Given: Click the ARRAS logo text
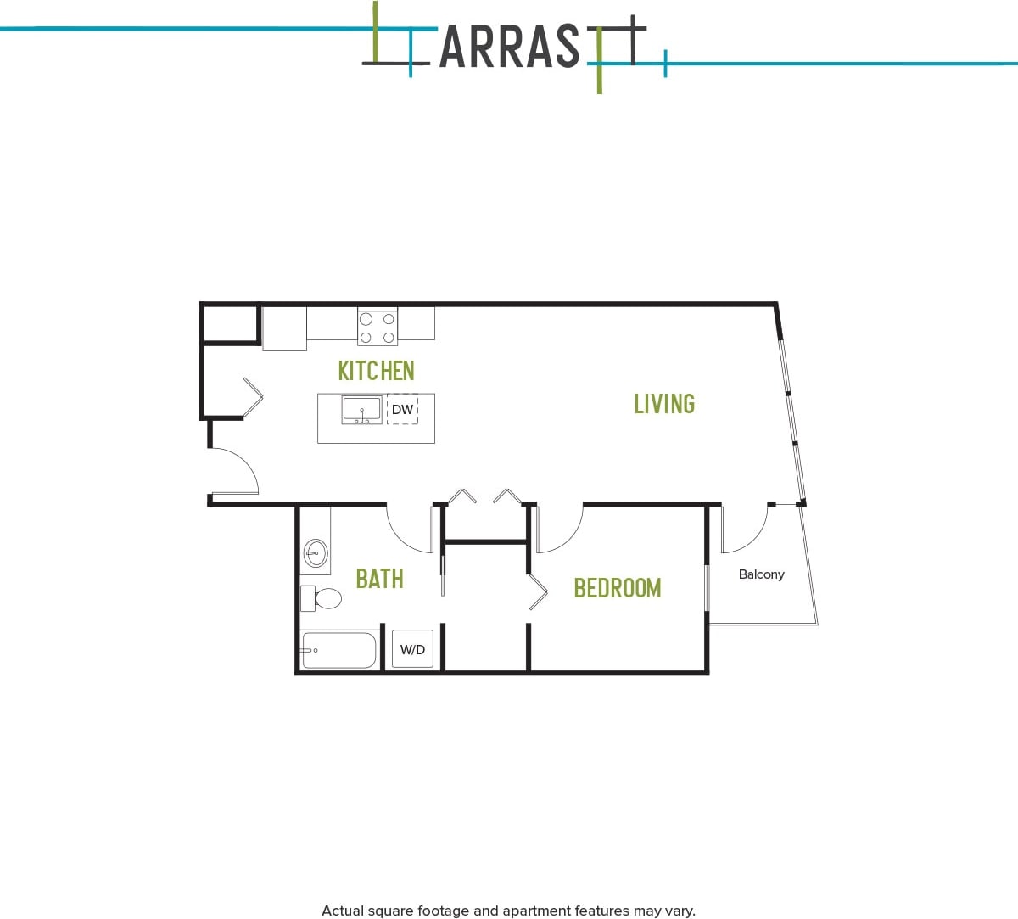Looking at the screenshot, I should tap(509, 47).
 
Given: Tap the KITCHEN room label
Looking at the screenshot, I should tap(376, 371).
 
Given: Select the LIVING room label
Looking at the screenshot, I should tap(664, 404).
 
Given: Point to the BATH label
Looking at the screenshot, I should tap(379, 579).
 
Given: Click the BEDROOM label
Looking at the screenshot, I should tap(617, 588).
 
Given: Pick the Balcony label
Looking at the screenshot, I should tap(761, 574).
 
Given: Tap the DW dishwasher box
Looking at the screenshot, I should tap(402, 410).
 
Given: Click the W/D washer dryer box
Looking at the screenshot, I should tap(412, 650).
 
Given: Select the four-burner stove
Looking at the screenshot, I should tap(378, 328).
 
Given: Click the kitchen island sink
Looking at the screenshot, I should tap(362, 410).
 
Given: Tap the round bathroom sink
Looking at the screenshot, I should tap(316, 553).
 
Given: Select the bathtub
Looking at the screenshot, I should tap(339, 650).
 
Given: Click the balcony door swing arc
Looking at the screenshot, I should tap(745, 530).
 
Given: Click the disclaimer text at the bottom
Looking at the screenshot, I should tap(508, 911).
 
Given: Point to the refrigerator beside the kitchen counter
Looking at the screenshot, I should tap(284, 328).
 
